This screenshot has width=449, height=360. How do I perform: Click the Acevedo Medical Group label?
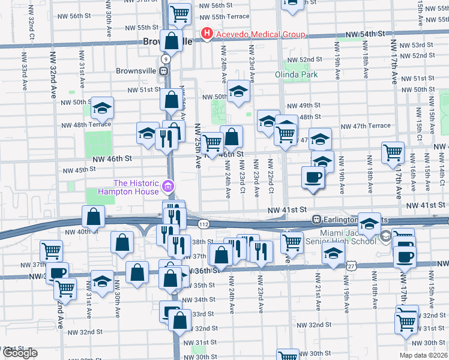click(x=261, y=34)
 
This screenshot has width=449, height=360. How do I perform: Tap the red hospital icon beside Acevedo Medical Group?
click(x=207, y=34)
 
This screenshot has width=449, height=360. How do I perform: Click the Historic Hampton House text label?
click(x=136, y=187)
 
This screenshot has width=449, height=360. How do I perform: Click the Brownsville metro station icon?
click(x=163, y=70)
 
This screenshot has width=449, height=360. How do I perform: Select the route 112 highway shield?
click(x=204, y=223)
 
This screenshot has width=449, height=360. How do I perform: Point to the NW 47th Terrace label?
click(x=365, y=126)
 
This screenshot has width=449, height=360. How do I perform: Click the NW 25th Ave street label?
click(x=197, y=146)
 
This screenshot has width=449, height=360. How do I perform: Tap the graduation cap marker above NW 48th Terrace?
click(x=102, y=108)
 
